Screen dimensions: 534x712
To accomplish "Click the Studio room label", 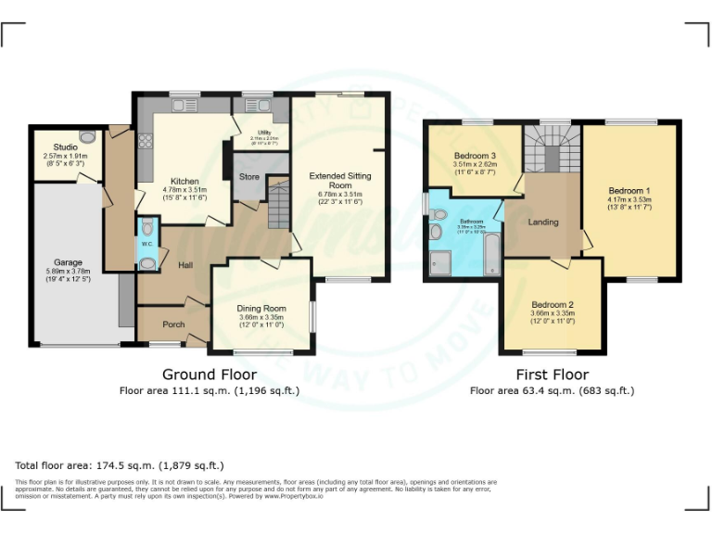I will click(65, 146).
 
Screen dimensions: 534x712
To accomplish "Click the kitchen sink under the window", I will click(183, 106).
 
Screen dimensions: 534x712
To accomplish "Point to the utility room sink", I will click(252, 106).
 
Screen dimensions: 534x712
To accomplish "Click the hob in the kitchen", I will click(146, 141).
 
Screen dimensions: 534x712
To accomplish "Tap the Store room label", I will click(248, 175).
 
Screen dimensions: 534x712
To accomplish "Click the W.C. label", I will click(146, 244).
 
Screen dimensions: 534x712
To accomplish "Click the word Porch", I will click(173, 324).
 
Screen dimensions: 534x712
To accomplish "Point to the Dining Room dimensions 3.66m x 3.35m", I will click(261, 317).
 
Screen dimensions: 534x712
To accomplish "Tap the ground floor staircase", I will click(279, 205).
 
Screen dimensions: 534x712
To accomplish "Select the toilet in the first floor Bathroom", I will click(438, 214).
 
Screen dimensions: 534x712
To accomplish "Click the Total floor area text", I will click(120, 465).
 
